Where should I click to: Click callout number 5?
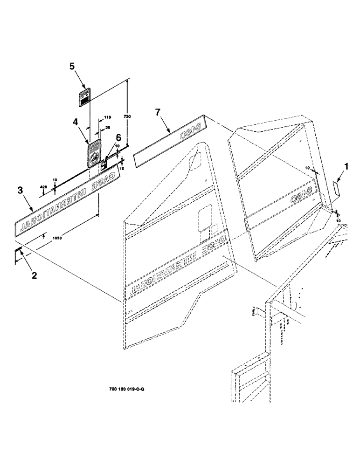pos(72,67)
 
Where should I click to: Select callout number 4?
pos(75,122)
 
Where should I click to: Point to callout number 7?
pos(158,112)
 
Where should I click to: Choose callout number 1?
pos(346,165)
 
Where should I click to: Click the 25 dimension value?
pos(108,127)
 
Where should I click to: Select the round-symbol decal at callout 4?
pos(95,153)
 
